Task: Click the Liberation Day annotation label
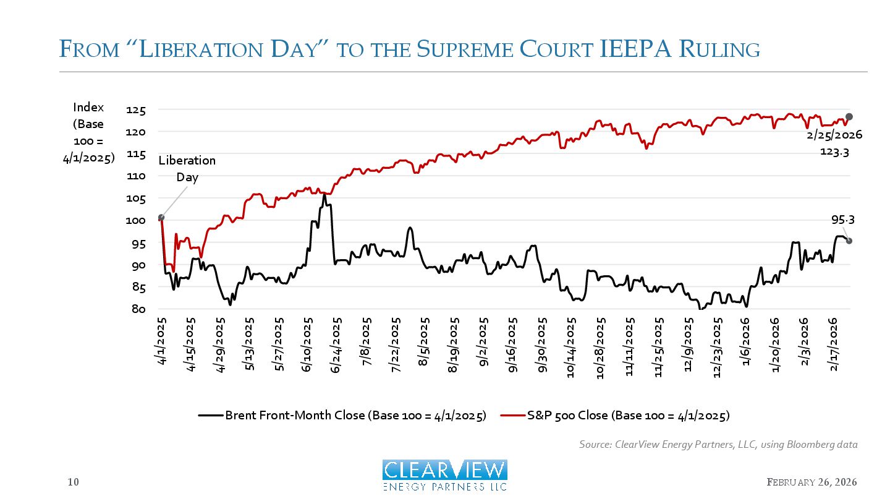[x=187, y=169]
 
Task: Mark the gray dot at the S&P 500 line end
[x=849, y=117]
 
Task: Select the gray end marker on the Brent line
[x=849, y=241]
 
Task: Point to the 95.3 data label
[x=842, y=220]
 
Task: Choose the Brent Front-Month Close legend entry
[x=342, y=415]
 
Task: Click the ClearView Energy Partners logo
[x=445, y=475]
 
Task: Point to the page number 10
[x=73, y=482]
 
